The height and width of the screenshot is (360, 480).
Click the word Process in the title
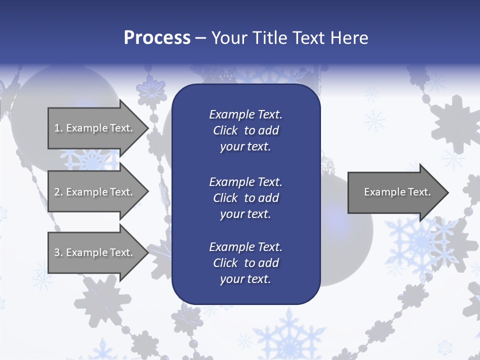pyautogui.click(x=157, y=38)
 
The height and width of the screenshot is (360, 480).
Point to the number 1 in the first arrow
pyautogui.click(x=57, y=128)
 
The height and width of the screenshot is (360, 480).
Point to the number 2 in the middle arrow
pyautogui.click(x=57, y=192)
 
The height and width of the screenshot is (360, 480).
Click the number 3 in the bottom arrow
pyautogui.click(x=57, y=252)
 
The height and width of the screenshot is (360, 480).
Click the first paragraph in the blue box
pyautogui.click(x=245, y=130)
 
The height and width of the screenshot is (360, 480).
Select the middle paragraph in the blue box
pyautogui.click(x=245, y=198)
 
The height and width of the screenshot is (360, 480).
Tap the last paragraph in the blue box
pyautogui.click(x=245, y=263)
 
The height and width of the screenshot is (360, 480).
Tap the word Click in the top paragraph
pyautogui.click(x=225, y=130)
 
